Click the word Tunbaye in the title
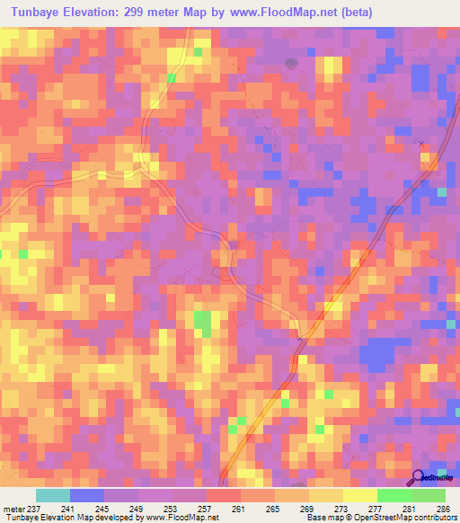(37, 13)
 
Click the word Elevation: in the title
(102, 13)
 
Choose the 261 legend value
(239, 508)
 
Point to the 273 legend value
(341, 508)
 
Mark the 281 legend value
(409, 508)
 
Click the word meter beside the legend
(13, 508)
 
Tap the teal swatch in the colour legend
(53, 495)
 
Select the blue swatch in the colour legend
(87, 495)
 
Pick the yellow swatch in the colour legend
(359, 495)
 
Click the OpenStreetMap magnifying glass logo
(419, 477)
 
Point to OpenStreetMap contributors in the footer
(412, 518)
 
